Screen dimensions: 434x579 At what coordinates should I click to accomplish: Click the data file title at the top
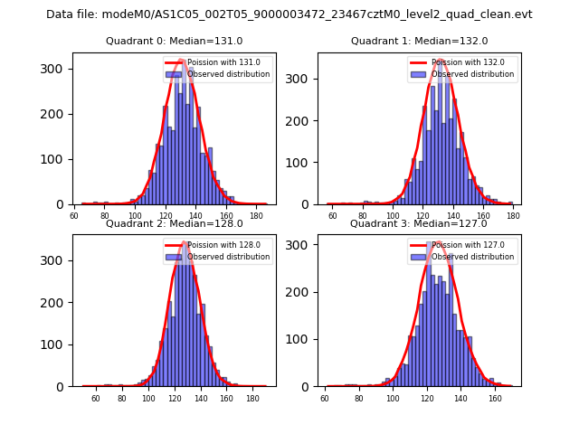[x=289, y=14]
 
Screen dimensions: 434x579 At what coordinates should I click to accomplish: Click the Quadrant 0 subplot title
[x=175, y=41]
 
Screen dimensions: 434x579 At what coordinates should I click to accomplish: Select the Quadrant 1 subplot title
[x=419, y=41]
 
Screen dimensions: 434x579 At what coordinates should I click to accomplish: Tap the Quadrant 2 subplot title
[x=175, y=223]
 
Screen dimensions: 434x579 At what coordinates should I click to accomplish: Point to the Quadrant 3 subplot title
[x=419, y=223]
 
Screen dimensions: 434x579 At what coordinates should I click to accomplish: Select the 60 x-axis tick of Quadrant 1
[x=333, y=216]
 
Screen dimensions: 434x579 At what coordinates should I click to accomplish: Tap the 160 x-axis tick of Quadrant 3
[x=495, y=399]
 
